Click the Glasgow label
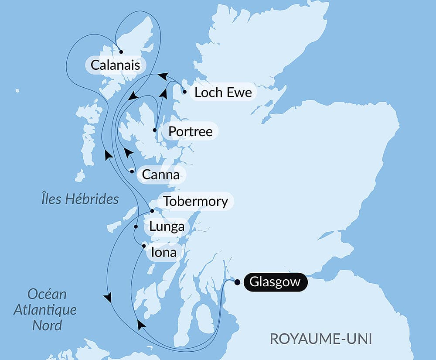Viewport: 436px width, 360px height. [x=275, y=282]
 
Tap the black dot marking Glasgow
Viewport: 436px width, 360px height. [x=237, y=282]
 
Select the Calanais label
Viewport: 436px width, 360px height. [x=115, y=65]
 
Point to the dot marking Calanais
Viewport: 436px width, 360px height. [x=121, y=51]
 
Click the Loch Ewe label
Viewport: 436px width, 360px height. [x=223, y=93]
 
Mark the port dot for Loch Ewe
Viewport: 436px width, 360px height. [x=185, y=92]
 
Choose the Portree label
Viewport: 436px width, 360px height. [x=191, y=131]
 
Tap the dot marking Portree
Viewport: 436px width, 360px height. [x=155, y=130]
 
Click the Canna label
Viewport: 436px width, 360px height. [x=161, y=175]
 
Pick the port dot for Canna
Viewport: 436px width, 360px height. [x=132, y=171]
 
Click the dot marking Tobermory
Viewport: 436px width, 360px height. [x=152, y=211]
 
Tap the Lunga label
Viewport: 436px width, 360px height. [x=167, y=227]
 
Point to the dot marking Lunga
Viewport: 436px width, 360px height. [x=136, y=227]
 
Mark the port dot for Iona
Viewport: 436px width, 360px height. [x=143, y=246]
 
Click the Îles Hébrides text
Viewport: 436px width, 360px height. [x=78, y=199]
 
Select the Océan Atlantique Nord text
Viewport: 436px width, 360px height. [x=45, y=309]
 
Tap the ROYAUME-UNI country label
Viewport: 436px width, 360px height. [x=320, y=339]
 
